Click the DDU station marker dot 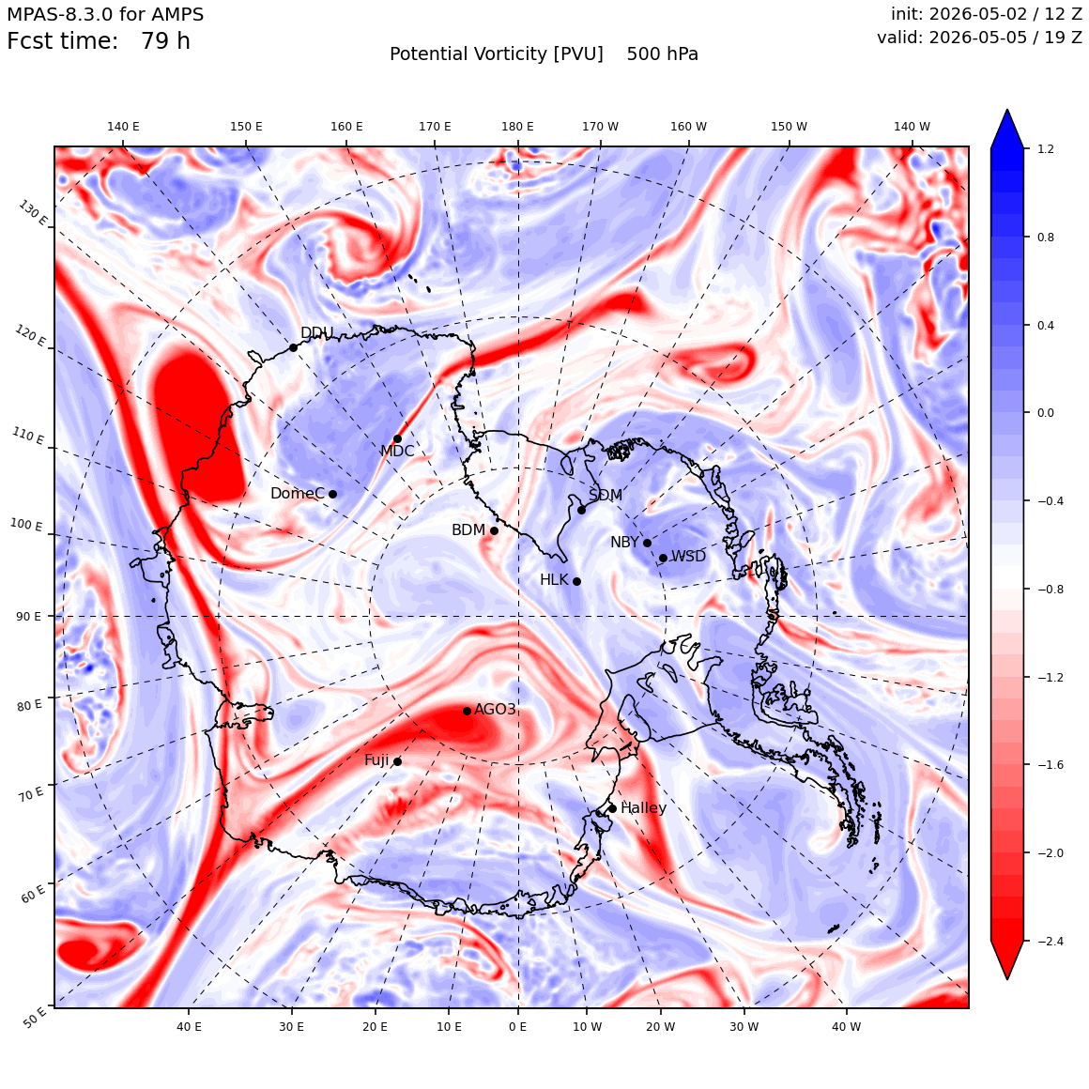click(x=293, y=347)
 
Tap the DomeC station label click(x=298, y=493)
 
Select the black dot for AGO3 click(x=467, y=711)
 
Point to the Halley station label click(x=643, y=807)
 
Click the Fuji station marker click(x=397, y=761)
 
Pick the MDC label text click(x=397, y=452)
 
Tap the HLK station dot click(x=576, y=581)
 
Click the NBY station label click(x=624, y=542)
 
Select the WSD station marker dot click(x=664, y=558)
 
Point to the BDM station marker click(x=494, y=530)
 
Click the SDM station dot click(x=581, y=510)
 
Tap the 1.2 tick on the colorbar click(x=1045, y=148)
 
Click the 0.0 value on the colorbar click(x=1045, y=412)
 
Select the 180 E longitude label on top click(x=517, y=127)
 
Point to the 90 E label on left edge click(x=28, y=616)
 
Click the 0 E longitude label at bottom click(x=517, y=1026)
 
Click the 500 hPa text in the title click(x=663, y=54)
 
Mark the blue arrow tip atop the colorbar click(x=1007, y=109)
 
